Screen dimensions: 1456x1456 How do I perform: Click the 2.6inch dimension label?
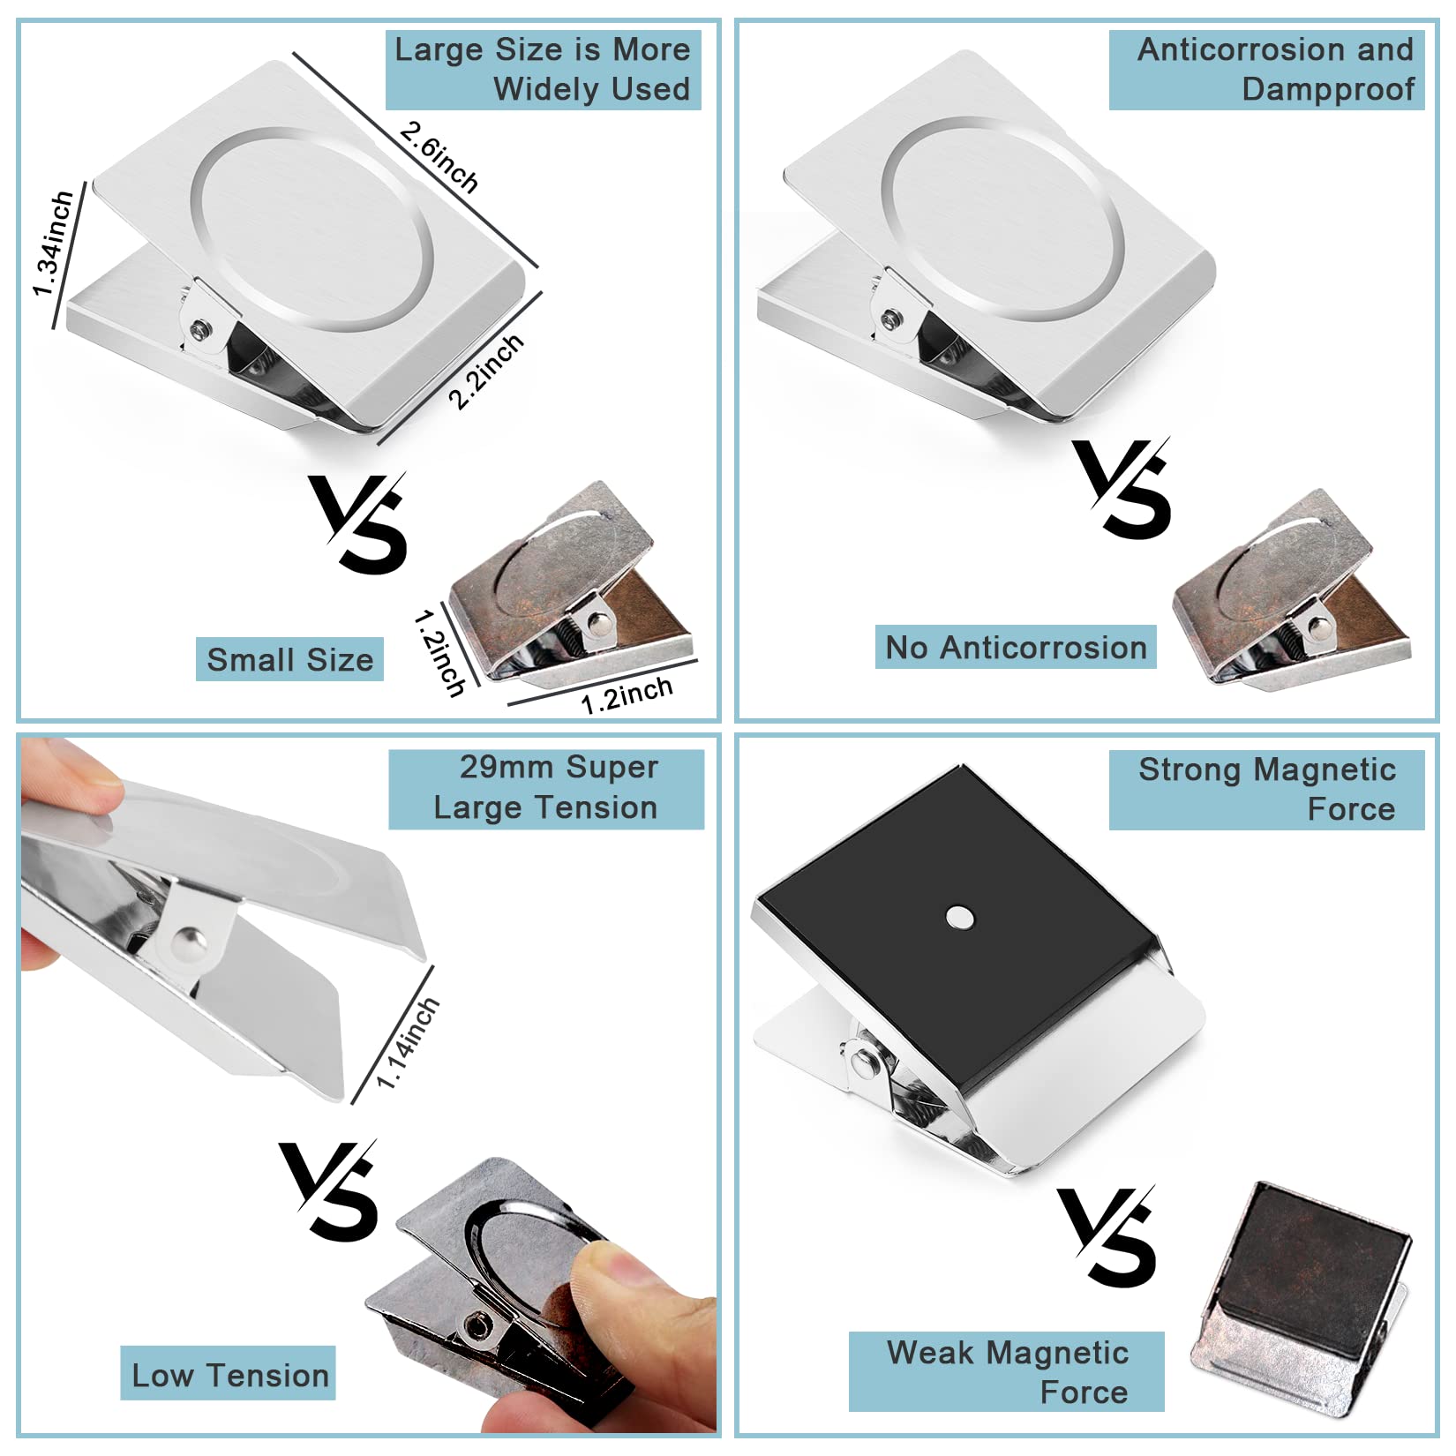[439, 157]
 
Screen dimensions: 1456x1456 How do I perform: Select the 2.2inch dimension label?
[485, 372]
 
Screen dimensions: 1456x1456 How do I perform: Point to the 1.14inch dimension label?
[407, 1043]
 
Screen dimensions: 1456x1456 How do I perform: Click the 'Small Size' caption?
[289, 659]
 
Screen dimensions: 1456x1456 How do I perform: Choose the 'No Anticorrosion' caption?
[1016, 648]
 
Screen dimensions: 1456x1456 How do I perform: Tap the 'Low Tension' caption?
[229, 1375]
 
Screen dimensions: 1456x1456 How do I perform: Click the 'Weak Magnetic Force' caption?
[1007, 1371]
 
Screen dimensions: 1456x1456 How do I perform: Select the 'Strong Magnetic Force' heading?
[1266, 789]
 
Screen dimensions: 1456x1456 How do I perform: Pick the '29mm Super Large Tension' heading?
[546, 789]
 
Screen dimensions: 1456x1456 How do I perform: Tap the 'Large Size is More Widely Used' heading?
[543, 70]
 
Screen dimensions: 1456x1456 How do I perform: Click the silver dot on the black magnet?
[959, 918]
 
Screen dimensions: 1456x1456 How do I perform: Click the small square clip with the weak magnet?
[1300, 1300]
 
